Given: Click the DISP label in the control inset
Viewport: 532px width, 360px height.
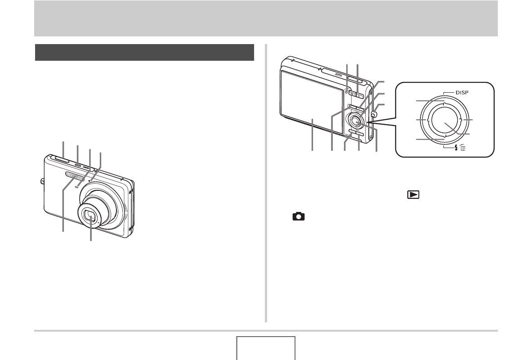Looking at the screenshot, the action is [462, 92].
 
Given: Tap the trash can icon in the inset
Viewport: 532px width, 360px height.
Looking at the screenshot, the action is [463, 148].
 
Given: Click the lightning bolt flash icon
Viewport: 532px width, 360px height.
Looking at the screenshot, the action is [456, 148].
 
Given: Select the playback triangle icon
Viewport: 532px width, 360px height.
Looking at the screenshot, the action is [413, 194].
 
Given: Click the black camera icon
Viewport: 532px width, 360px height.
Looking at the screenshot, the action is [299, 216].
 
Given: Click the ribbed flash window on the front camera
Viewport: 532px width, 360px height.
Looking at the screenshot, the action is [74, 175].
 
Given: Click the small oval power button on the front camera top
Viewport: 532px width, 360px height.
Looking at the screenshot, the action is [78, 165].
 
